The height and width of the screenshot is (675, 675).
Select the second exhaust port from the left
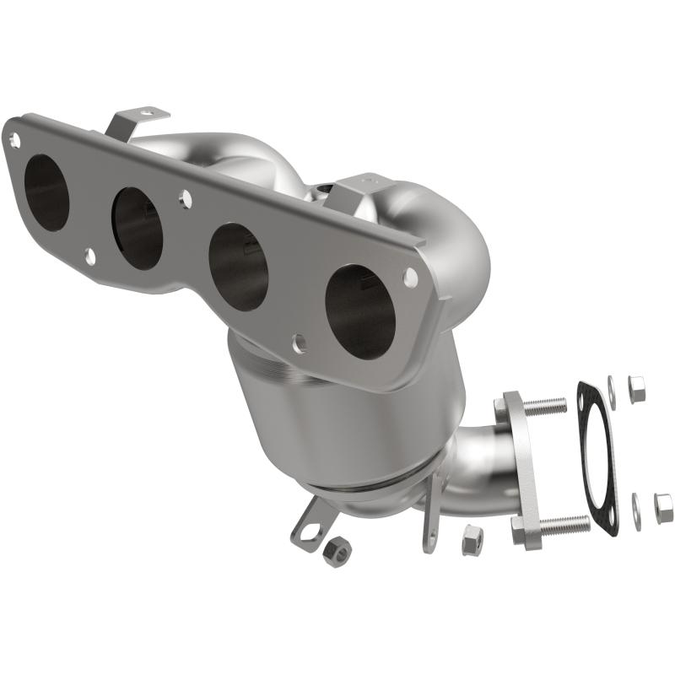[x=138, y=228]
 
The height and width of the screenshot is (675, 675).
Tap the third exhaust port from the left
[x=239, y=266]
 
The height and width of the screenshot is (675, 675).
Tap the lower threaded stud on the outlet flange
[x=559, y=526]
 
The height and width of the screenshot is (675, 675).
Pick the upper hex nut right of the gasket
[x=638, y=387]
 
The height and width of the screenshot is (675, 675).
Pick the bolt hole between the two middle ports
[x=184, y=200]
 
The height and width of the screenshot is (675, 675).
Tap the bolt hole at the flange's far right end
[x=409, y=276]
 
